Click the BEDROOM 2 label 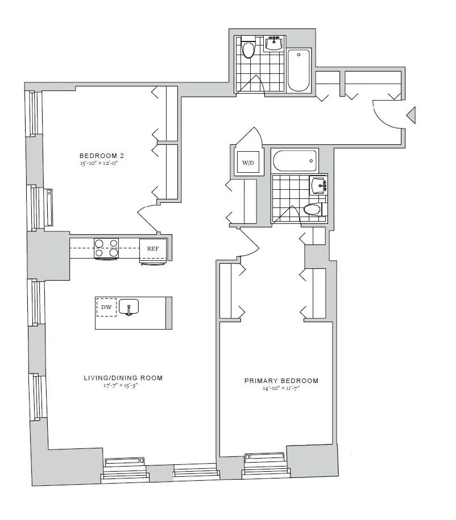[x=101, y=155]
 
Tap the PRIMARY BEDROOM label [x=281, y=381]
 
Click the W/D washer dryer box [x=248, y=163]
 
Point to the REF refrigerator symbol [x=153, y=249]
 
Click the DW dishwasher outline [x=106, y=307]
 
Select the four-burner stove [x=106, y=248]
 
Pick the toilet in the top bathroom [x=248, y=49]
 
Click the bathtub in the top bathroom [x=299, y=70]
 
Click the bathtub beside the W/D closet [x=295, y=161]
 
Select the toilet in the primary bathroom [x=312, y=210]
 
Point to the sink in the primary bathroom [x=319, y=185]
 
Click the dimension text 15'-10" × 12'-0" [x=101, y=163]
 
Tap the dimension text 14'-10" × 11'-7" [x=281, y=389]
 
